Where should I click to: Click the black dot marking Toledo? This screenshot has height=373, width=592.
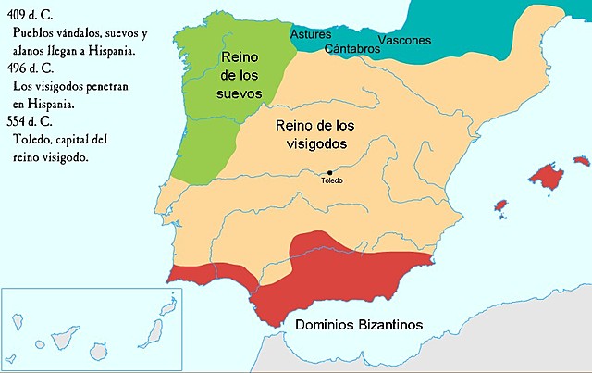click(x=329, y=172)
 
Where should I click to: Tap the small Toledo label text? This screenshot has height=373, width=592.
click(x=331, y=180)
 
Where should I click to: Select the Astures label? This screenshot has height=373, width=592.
click(x=311, y=34)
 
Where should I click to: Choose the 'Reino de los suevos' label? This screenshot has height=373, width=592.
click(x=242, y=76)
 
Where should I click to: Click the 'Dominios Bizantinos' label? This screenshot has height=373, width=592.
click(x=359, y=325)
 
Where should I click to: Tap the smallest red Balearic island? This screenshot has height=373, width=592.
click(x=500, y=205)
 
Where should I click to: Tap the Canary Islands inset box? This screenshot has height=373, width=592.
click(x=92, y=329)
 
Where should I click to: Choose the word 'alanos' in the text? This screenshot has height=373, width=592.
click(x=31, y=50)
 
